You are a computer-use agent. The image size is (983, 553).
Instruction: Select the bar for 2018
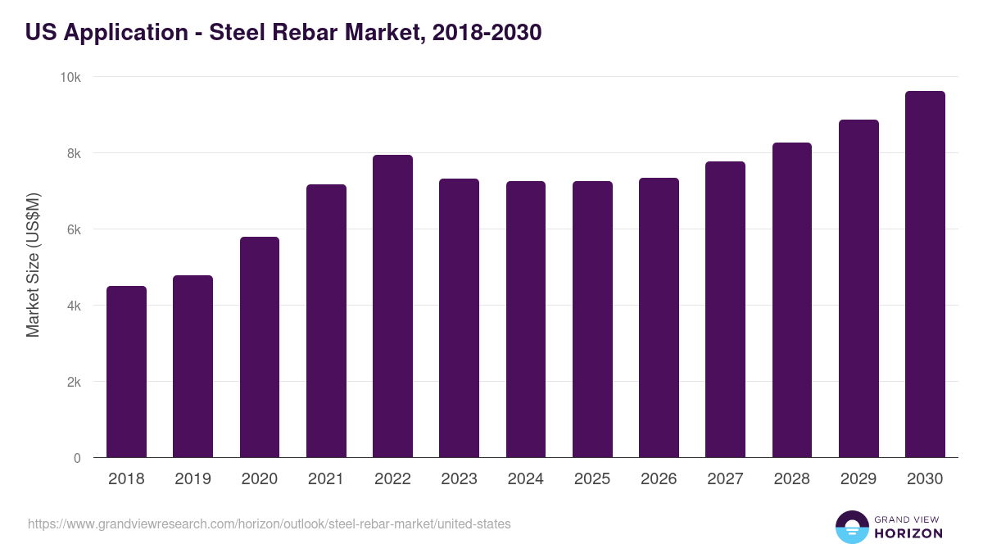point(126,372)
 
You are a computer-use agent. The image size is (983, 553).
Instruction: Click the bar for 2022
point(392,306)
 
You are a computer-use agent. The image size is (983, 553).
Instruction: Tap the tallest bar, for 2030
point(925,274)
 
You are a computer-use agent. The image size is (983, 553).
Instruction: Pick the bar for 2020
point(260,347)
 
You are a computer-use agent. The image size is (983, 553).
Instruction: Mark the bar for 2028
point(792,300)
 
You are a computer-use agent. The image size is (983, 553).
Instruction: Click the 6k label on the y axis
point(74,230)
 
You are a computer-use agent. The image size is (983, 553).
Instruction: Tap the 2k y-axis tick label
point(74,383)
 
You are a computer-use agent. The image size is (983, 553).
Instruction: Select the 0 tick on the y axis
point(77,459)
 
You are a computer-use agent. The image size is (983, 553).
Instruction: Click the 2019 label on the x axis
point(193,479)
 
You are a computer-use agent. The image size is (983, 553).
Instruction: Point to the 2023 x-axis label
point(459,479)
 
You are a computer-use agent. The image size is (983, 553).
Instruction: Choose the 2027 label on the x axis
point(725,479)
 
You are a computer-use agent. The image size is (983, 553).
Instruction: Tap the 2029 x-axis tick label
point(858,479)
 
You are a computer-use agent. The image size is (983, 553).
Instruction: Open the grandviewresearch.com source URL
point(270,524)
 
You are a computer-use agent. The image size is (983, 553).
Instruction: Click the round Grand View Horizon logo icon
point(851,527)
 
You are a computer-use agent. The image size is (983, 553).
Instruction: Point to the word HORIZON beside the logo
point(908,533)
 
